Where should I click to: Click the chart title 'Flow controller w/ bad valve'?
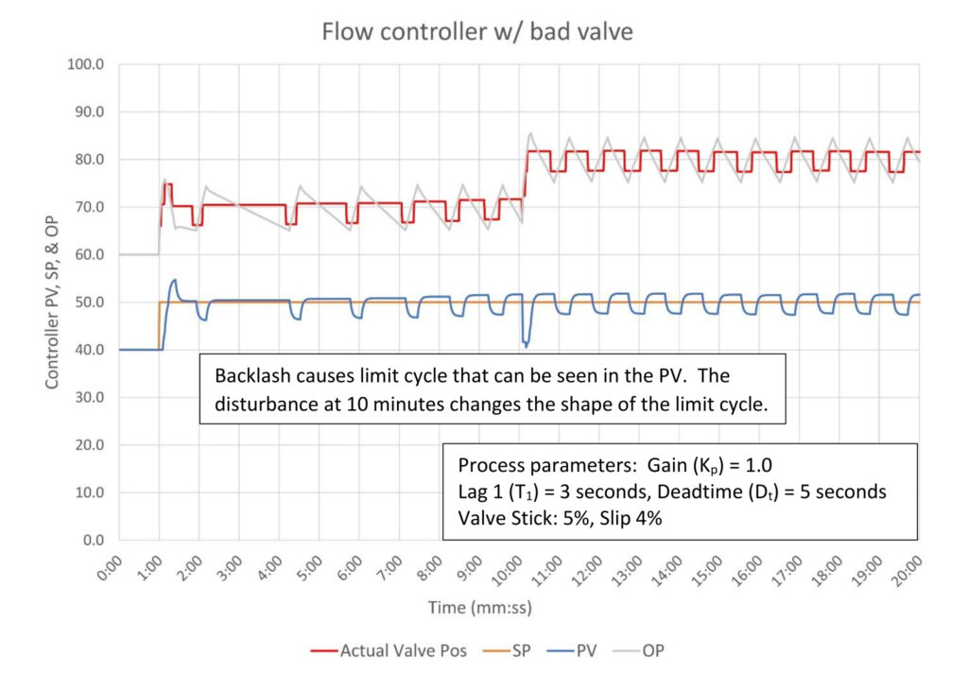476,31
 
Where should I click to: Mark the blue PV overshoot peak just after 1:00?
174,280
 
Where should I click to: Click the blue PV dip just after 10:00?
526,345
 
